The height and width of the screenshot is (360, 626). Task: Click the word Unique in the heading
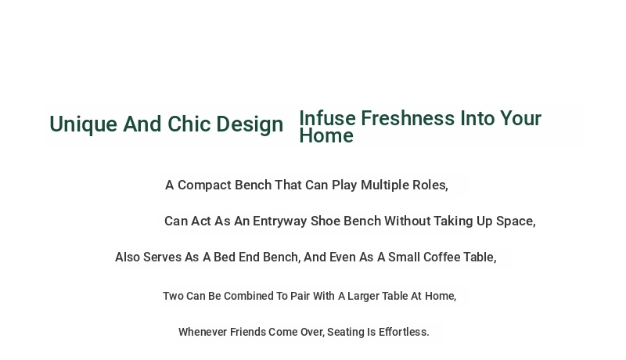tap(83, 124)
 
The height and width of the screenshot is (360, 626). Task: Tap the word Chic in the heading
tap(189, 124)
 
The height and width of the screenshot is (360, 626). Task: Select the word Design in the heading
tap(250, 124)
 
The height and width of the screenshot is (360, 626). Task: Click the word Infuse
tap(327, 118)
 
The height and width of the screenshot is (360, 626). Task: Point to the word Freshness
tap(408, 118)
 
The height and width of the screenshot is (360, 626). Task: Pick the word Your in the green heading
tap(520, 118)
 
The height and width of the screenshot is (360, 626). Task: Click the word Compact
tap(204, 185)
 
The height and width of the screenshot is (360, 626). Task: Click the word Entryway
tap(280, 221)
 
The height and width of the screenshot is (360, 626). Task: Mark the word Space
tap(516, 221)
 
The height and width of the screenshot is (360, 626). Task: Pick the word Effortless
tap(404, 332)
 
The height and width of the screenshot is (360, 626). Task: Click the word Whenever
tap(203, 332)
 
